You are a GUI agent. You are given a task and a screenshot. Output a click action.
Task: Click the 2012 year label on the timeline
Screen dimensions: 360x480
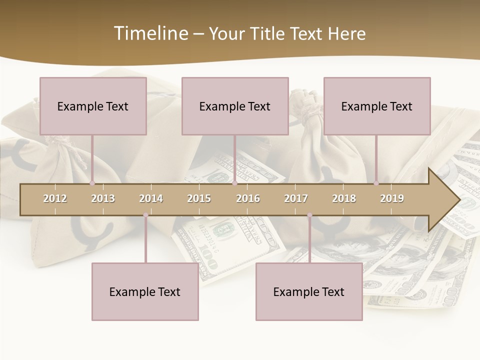pos(55,198)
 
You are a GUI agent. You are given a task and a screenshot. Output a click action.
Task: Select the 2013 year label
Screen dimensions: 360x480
pos(103,198)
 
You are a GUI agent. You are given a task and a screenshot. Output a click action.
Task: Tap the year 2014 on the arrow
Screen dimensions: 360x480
pos(151,198)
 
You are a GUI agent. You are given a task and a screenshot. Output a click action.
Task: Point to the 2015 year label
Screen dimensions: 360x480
pos(199,198)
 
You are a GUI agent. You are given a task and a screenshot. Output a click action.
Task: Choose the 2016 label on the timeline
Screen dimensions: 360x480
pos(248,198)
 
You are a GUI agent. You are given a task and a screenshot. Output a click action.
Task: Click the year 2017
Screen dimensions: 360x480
pos(296,198)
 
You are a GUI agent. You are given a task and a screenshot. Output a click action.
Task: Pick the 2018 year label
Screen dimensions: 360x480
pos(344,198)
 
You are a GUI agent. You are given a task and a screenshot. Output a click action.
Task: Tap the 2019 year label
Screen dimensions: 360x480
pos(392,198)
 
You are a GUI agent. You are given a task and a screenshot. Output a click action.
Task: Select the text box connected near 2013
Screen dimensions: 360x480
pos(93,106)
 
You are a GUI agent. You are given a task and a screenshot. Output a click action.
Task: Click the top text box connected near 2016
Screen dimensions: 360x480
pos(235,106)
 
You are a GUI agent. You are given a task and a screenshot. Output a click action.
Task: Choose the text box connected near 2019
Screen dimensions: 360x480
pos(377,106)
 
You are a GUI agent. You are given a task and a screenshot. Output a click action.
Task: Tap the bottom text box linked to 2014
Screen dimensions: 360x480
pos(145,291)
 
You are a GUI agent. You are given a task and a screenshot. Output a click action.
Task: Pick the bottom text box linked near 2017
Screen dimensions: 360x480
pos(309,291)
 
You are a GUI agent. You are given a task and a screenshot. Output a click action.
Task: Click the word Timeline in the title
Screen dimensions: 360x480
pos(150,33)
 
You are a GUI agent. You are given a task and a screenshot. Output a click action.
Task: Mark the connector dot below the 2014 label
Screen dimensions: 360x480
pos(145,215)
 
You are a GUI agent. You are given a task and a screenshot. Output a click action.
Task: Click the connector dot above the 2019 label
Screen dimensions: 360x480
pos(376,183)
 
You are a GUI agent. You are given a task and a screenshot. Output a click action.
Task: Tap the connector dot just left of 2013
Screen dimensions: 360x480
pos(92,183)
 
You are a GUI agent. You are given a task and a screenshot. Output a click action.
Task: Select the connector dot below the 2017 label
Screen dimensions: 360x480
pos(309,215)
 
